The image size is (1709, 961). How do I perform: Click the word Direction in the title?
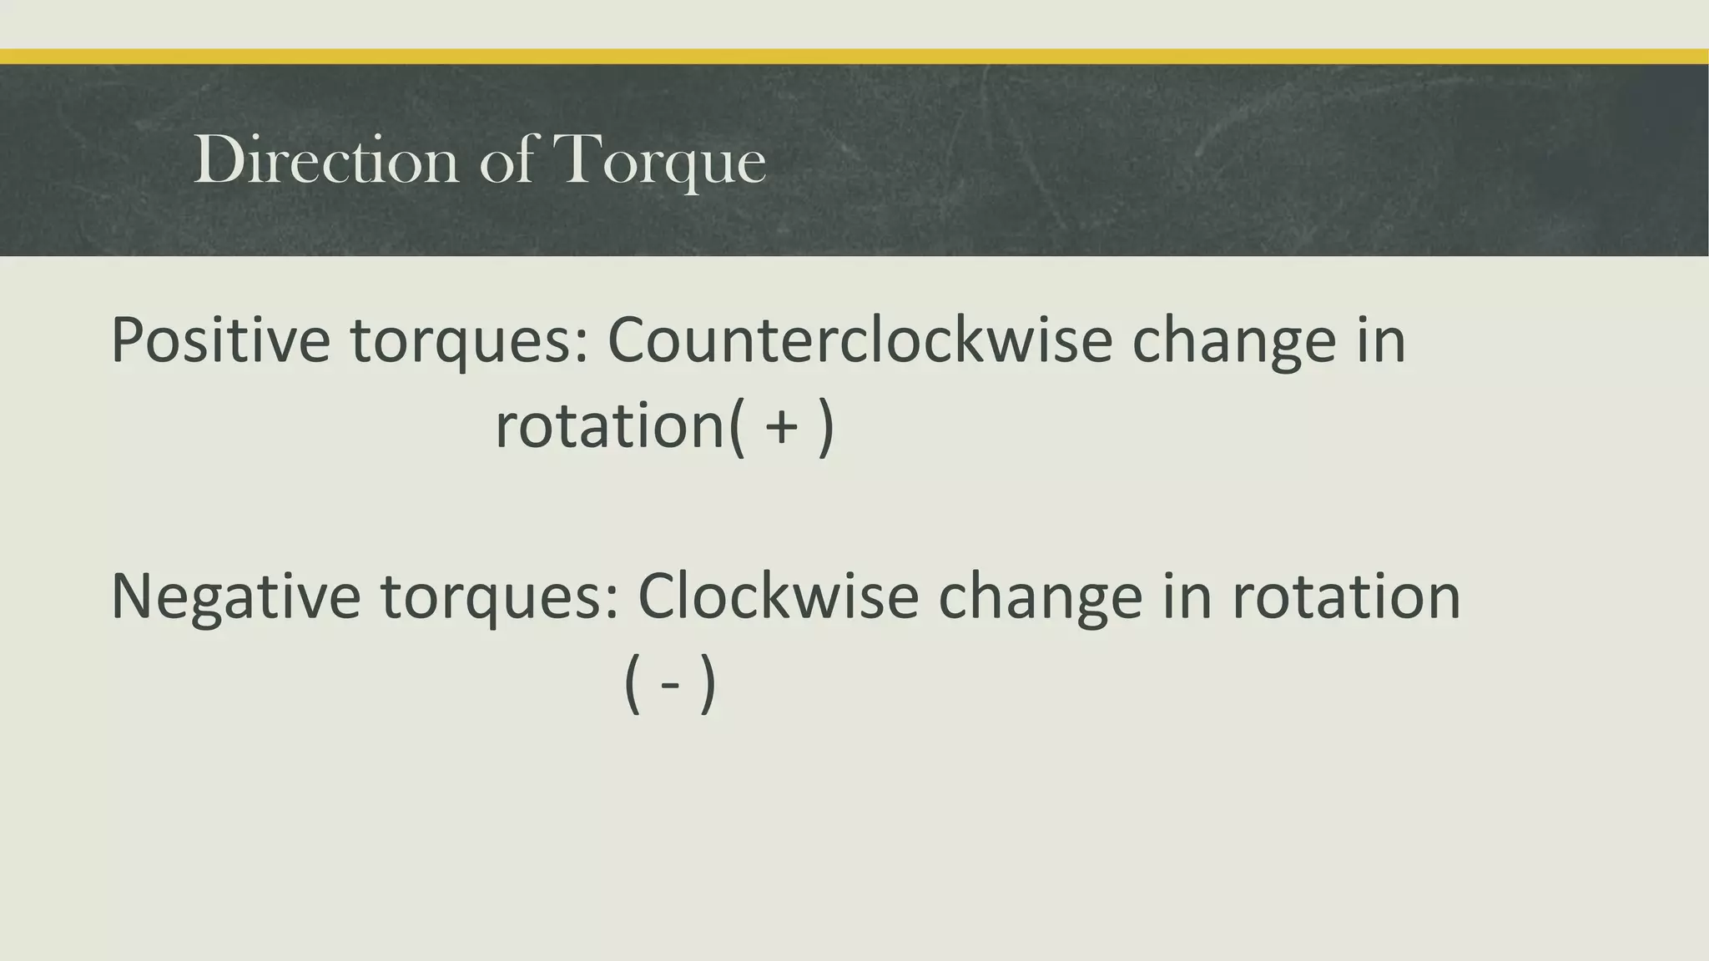pos(325,160)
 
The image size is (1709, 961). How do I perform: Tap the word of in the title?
pos(507,160)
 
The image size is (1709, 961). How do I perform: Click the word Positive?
pos(220,340)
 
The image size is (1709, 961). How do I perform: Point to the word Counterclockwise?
pos(860,340)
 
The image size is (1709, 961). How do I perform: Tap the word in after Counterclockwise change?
pos(1381,340)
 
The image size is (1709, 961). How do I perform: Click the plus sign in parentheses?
pos(782,427)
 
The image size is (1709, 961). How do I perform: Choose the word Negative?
pos(235,597)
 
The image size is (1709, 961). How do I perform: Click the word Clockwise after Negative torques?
pos(778,597)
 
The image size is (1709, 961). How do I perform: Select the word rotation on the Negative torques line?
pos(1346,597)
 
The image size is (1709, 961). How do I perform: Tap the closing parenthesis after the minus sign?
pos(708,686)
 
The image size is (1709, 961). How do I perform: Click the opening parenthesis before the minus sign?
pos(632,686)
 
